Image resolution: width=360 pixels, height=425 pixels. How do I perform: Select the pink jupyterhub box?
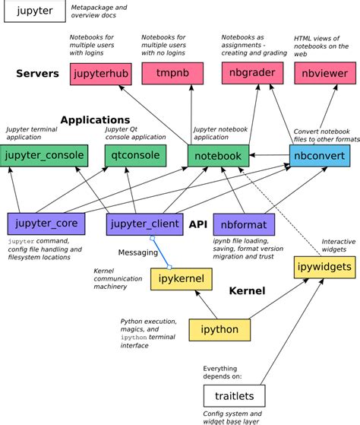tap(98, 74)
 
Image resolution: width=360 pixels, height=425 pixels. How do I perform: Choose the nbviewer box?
tap(321, 74)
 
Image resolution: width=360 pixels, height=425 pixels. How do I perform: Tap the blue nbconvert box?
tap(319, 156)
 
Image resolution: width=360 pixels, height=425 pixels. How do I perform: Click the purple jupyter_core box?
tap(45, 224)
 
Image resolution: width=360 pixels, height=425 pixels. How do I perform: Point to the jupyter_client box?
tap(144, 224)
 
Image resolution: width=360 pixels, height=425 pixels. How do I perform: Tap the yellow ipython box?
tap(219, 329)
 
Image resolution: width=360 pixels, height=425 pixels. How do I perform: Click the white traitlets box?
tap(234, 395)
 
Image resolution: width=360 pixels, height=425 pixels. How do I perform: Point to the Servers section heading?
tap(38, 74)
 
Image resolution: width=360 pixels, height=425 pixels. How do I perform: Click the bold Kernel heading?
tap(247, 290)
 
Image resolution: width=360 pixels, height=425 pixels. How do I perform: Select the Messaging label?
tap(137, 252)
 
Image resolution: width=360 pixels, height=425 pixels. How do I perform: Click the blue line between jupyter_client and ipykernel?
tap(161, 252)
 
